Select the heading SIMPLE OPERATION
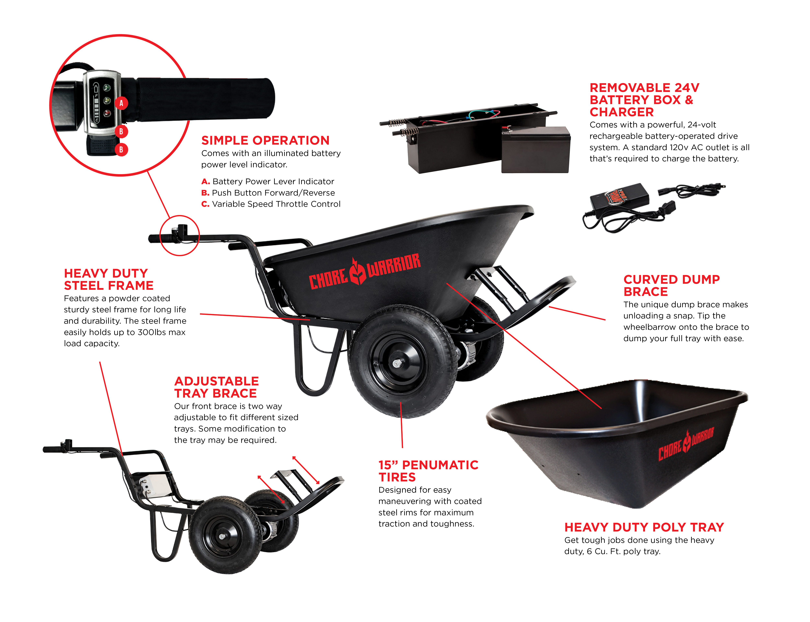[x=265, y=140]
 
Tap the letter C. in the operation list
[x=205, y=204]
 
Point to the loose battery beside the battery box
[x=536, y=150]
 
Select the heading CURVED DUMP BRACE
[x=671, y=285]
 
